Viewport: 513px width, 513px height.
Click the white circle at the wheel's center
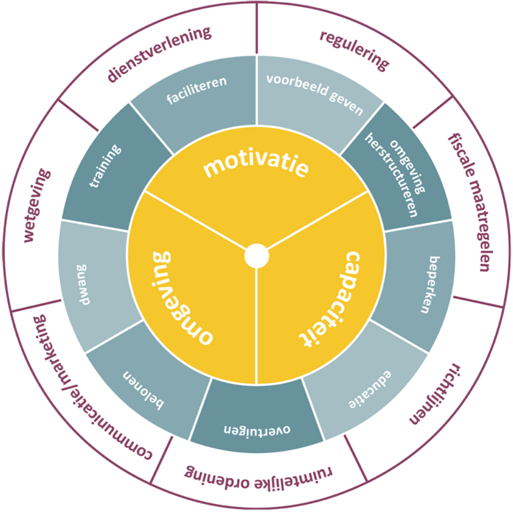point(256,256)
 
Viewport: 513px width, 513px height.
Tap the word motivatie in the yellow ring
point(256,166)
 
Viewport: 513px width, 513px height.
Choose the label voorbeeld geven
point(315,94)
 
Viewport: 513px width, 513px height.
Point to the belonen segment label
point(146,390)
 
